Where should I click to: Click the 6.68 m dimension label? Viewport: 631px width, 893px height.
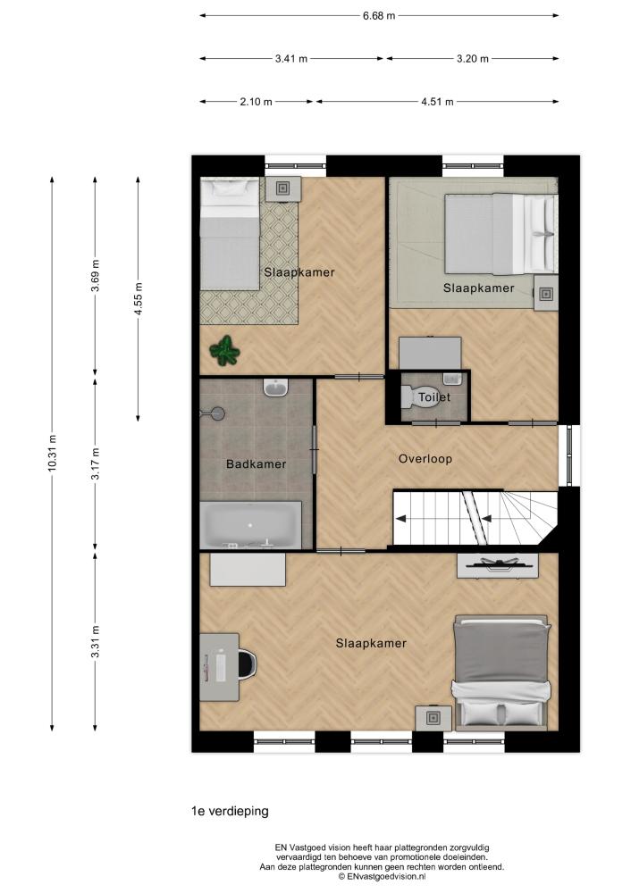[378, 16]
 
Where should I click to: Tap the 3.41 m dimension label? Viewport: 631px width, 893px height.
[290, 59]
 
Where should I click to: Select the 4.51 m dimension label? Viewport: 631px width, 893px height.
[437, 102]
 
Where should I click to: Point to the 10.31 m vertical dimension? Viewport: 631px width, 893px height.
[52, 453]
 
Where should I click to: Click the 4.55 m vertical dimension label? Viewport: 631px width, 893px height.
[138, 298]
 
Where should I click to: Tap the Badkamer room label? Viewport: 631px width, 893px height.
[256, 464]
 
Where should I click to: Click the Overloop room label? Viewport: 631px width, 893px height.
[425, 459]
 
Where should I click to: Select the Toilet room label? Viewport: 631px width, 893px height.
[434, 397]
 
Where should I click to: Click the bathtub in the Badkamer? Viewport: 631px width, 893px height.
[251, 525]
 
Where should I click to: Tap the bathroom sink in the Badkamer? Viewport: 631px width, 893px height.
[278, 388]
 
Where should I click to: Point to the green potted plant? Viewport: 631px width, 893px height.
[224, 350]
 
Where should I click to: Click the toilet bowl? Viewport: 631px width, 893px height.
[409, 397]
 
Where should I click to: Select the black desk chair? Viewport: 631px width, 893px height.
[248, 665]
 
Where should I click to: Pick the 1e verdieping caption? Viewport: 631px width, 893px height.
[230, 811]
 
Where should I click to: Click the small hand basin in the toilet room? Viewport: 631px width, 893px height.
[451, 378]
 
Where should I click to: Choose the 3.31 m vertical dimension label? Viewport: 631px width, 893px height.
[96, 642]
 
